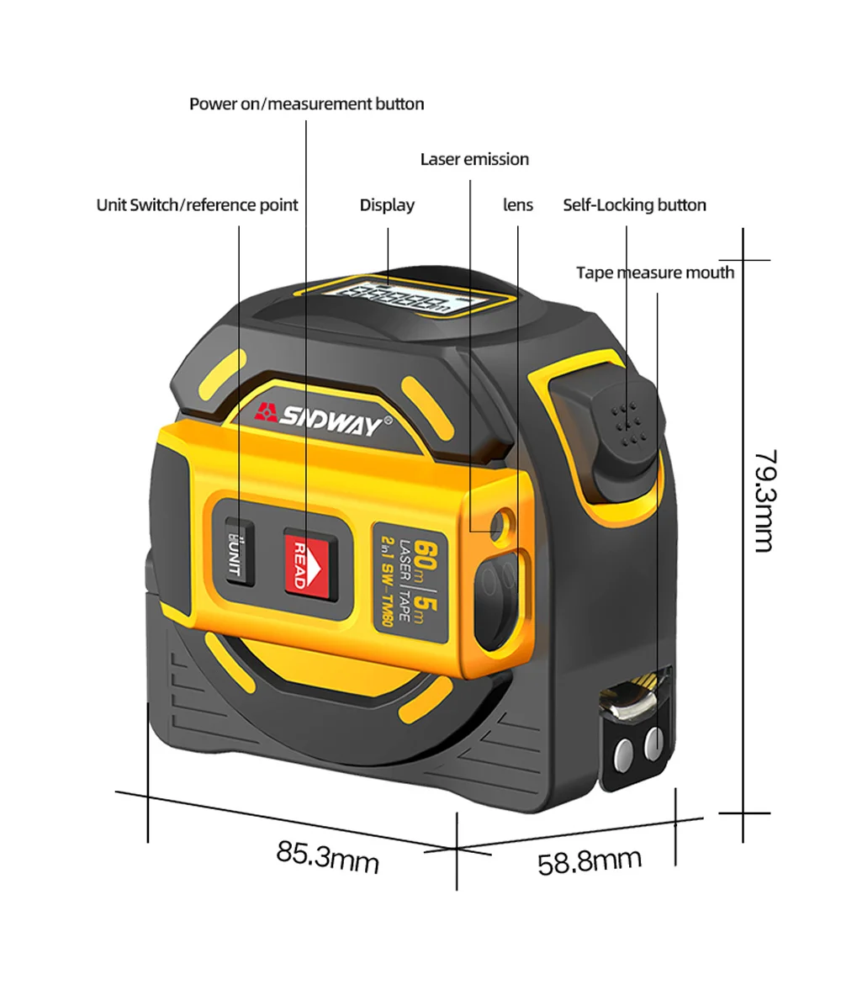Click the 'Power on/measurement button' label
coord(306,104)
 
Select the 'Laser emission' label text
coord(474,159)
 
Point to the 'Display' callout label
coord(387,205)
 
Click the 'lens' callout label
coord(518,205)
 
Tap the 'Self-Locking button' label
coord(634,205)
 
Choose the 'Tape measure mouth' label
coord(654,273)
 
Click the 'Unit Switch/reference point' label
coord(197,205)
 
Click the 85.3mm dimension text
coord(328,857)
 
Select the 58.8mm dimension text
coord(590,860)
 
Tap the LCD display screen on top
coord(409,299)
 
